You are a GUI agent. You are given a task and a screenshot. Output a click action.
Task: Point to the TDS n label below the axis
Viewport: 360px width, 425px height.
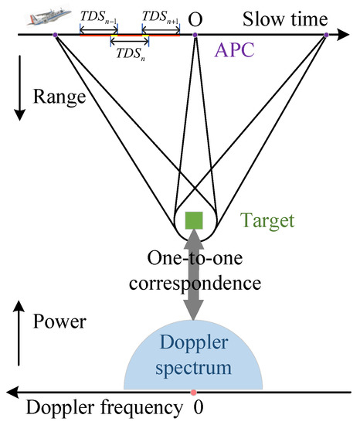129,53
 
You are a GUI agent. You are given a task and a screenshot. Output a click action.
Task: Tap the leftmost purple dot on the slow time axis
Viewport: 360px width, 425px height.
55,35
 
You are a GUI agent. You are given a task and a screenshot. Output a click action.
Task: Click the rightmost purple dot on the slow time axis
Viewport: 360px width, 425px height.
326,35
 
